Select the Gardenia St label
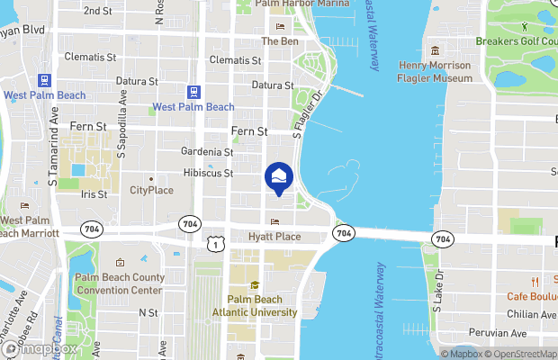[x=207, y=151]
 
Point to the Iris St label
[x=94, y=193]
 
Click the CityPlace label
[x=151, y=190]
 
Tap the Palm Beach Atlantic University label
[x=255, y=306]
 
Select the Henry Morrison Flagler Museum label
[x=435, y=73]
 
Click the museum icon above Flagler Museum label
[x=435, y=49]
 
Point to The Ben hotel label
[x=279, y=41]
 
